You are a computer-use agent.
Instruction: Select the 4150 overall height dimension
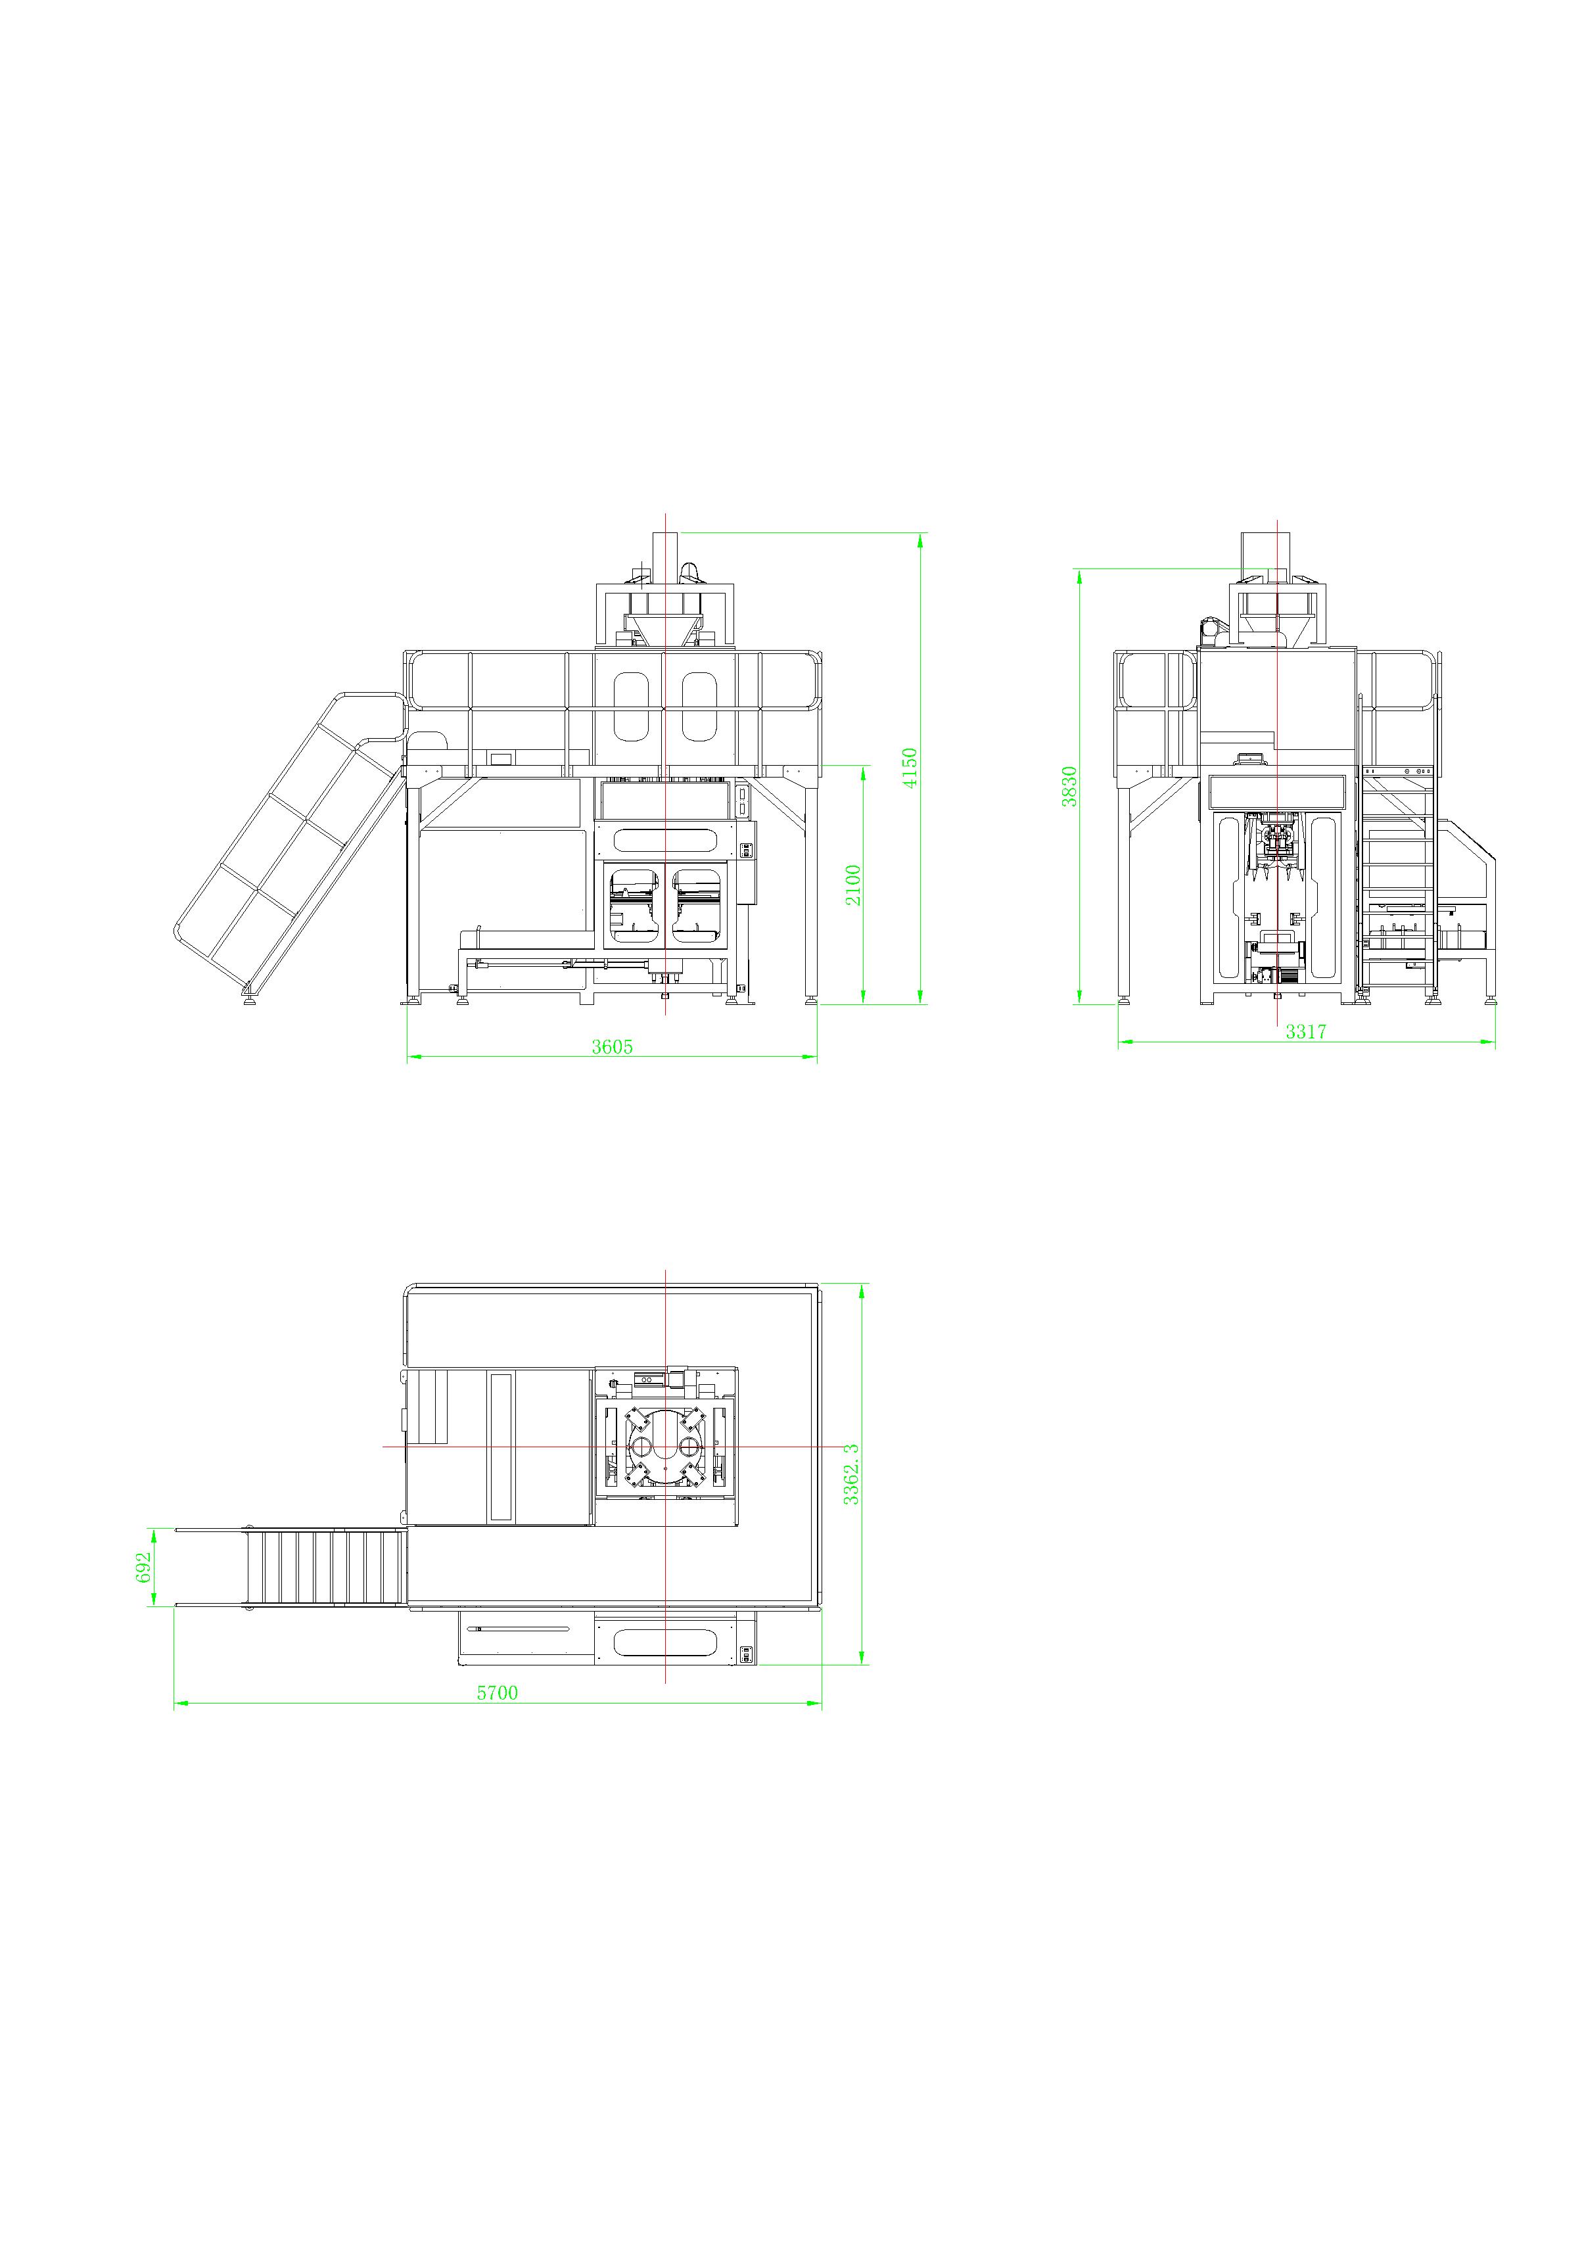[910, 768]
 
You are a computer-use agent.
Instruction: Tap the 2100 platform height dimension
[852, 885]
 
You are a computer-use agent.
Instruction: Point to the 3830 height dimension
[1070, 787]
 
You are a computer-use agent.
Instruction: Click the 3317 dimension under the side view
[1306, 1031]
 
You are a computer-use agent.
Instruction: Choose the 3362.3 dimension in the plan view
[852, 1474]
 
